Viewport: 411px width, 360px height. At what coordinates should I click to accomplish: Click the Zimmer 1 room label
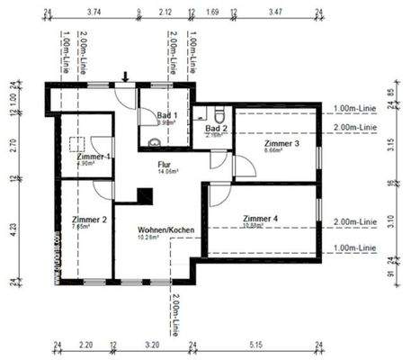[x=94, y=157]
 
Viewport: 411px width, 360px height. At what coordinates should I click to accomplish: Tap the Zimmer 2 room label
[x=89, y=219]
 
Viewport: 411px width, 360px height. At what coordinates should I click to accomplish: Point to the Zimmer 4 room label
[x=262, y=218]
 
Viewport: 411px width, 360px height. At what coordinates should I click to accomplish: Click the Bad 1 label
[x=167, y=115]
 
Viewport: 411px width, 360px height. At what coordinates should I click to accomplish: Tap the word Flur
[x=164, y=165]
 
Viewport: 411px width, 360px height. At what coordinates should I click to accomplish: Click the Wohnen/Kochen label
[x=161, y=230]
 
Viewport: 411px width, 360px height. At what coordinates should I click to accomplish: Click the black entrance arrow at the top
[x=126, y=77]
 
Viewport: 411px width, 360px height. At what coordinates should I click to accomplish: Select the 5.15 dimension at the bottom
[x=257, y=344]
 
